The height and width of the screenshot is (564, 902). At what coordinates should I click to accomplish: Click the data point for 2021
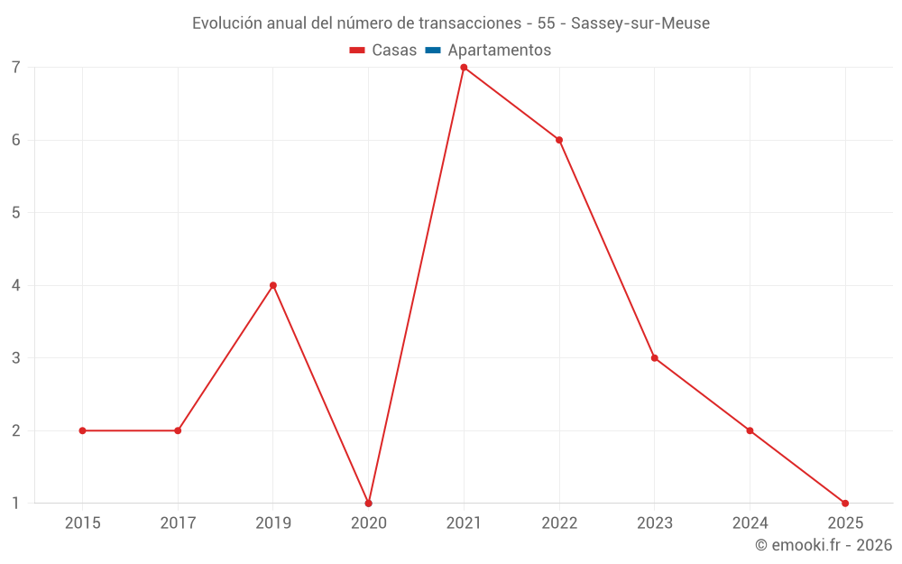tap(464, 68)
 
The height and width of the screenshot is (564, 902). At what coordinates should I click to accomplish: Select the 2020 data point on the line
tap(368, 503)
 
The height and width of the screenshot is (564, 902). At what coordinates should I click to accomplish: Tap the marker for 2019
tap(273, 285)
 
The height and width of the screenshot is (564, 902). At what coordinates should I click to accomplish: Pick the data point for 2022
tap(559, 140)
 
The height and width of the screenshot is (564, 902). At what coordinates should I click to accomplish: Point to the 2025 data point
tap(845, 503)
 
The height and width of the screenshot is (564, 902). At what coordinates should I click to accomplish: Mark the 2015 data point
tap(82, 430)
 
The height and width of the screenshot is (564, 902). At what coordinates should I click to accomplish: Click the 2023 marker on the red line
tap(655, 358)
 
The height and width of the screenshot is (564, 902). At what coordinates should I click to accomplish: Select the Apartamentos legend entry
tap(499, 51)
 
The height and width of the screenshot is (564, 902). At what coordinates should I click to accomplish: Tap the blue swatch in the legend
tap(432, 51)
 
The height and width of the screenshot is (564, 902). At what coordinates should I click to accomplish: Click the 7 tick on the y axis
tap(16, 68)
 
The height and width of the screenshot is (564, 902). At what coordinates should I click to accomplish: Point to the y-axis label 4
tap(16, 285)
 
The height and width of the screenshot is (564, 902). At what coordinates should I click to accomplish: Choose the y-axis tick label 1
tap(16, 503)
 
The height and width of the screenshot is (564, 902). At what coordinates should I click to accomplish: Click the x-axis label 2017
tap(178, 522)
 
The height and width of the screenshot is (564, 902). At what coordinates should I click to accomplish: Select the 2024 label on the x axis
tap(750, 522)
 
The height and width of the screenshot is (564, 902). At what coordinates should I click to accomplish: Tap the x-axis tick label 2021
tap(464, 522)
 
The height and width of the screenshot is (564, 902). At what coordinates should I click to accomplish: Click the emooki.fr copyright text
tap(823, 545)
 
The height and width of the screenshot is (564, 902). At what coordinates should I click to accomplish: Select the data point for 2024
tap(750, 430)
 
